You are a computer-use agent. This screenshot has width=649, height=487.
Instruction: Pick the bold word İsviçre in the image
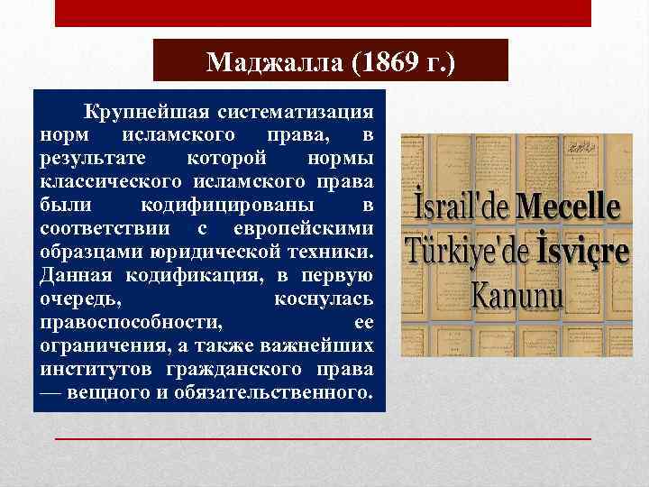click(576, 253)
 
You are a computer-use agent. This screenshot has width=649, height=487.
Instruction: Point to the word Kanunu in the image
click(518, 295)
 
